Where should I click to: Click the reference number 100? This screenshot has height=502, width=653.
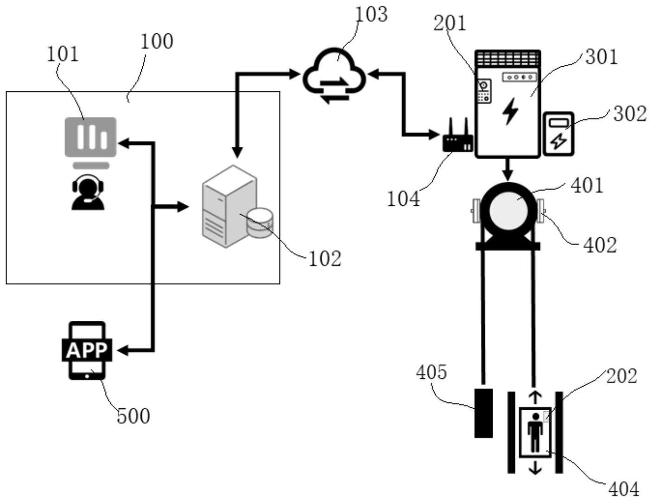click(157, 41)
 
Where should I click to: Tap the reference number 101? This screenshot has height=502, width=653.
click(63, 54)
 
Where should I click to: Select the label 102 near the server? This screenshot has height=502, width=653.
click(324, 259)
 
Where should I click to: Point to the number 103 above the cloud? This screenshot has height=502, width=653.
click(371, 14)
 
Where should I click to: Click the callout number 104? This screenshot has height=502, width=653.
click(403, 199)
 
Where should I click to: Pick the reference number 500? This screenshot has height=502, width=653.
click(133, 416)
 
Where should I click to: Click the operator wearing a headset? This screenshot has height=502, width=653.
click(88, 192)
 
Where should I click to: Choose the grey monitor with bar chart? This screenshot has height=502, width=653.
click(90, 137)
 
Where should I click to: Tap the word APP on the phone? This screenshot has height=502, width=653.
click(87, 350)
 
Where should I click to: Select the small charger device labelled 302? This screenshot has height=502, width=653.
click(558, 134)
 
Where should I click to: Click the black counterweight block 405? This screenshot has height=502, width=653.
click(483, 413)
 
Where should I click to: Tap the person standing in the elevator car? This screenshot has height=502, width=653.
click(535, 432)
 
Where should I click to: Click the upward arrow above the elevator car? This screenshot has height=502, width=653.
click(535, 397)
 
